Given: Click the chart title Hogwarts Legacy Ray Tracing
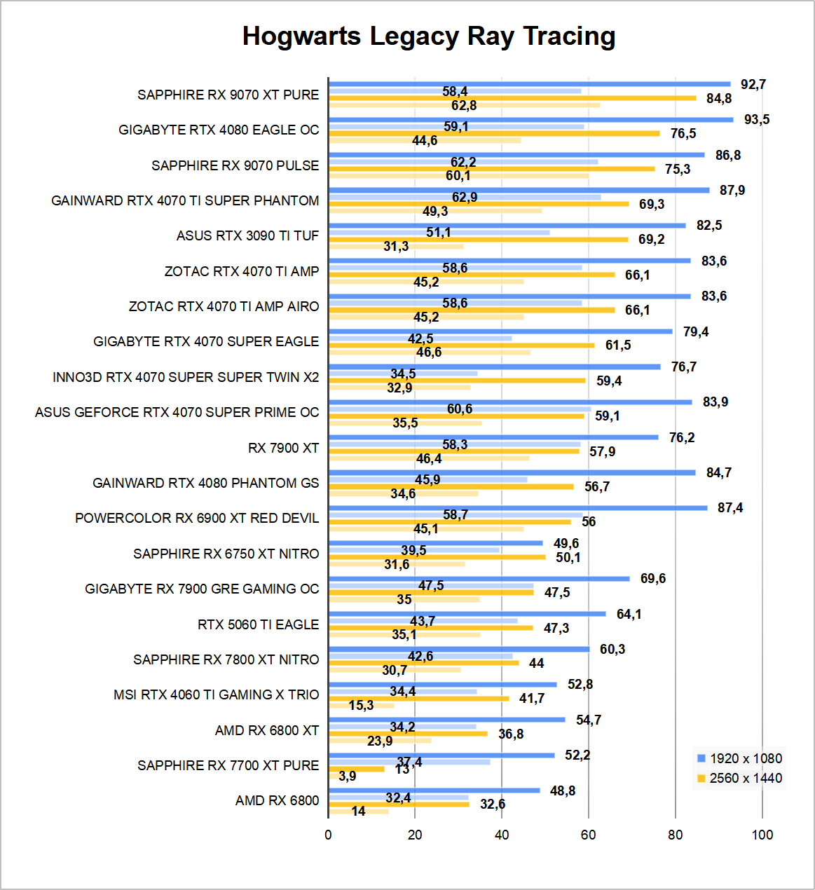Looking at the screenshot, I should point(429,36).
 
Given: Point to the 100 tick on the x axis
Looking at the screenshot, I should point(762,835).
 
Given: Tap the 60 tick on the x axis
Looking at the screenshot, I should point(589,835).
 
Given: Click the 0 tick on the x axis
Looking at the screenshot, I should point(328,835).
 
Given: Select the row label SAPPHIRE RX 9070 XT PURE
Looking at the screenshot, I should point(228,95).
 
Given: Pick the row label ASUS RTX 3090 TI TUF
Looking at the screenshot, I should point(247,235).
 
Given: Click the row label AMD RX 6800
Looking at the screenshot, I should point(277,800).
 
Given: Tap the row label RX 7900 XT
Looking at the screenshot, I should point(283,448).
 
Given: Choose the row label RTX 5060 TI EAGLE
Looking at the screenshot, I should point(258,624).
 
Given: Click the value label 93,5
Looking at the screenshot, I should point(757,120).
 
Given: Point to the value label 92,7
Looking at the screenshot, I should point(753,85).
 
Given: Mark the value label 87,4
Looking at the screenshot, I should point(730,508).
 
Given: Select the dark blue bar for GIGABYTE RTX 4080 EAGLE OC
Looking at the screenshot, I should point(530,120).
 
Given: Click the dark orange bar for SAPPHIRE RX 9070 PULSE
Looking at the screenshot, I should point(491,169).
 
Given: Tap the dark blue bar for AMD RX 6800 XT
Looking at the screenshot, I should point(446,720).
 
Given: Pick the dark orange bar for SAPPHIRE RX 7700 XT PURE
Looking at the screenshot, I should point(357,769).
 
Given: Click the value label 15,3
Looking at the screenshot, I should point(361,705).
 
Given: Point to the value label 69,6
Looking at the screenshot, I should point(653,579).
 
